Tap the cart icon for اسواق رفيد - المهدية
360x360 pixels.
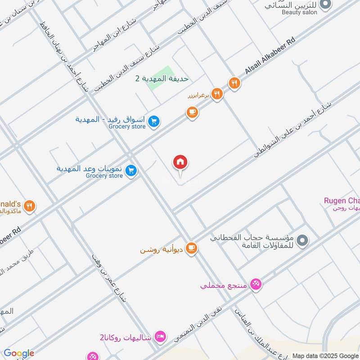pos(154,121)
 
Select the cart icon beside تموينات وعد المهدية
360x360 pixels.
pos(131,171)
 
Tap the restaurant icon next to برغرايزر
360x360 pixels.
pos(217,94)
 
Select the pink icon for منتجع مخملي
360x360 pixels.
pos(256,284)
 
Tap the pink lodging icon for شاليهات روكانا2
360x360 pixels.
pos(160,336)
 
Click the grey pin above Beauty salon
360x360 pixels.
pos(327,4)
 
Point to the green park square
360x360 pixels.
pos(162,77)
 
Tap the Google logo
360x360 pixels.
pos(19,353)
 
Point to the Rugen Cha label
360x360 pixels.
pos(342,201)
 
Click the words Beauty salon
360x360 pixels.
pos(299,12)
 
